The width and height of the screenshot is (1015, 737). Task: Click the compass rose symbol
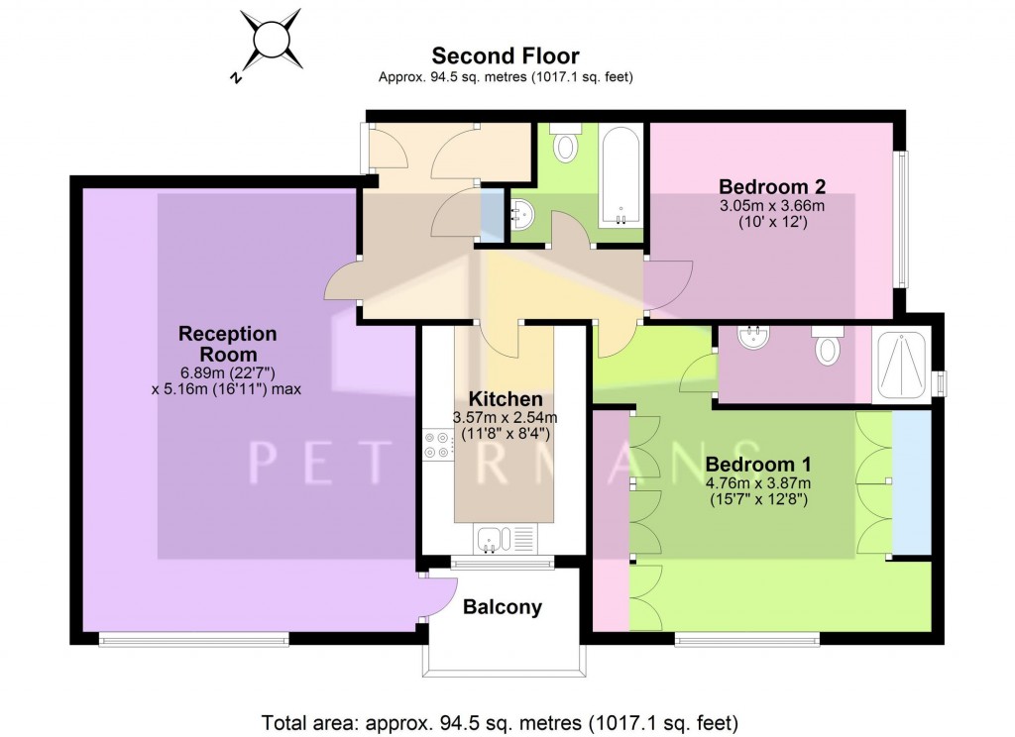[270, 40]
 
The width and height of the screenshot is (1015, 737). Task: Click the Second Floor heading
[505, 55]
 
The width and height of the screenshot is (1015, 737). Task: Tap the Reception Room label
[228, 344]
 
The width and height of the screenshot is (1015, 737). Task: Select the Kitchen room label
[505, 398]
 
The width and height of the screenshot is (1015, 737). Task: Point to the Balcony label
[503, 607]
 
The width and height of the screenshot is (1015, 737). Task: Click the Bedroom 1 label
[758, 464]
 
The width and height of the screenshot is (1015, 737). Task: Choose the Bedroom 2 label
[772, 186]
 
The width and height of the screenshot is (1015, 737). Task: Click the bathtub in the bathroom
[620, 176]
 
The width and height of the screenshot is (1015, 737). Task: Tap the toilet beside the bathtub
[566, 142]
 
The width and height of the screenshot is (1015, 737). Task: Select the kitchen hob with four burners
[438, 445]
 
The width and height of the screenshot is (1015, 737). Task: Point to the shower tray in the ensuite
[901, 365]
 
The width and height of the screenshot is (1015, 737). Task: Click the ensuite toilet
[828, 345]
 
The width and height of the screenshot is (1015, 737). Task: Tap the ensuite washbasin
[753, 337]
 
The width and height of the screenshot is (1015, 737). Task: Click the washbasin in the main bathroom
[521, 214]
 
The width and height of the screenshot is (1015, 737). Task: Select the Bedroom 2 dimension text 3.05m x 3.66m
[772, 206]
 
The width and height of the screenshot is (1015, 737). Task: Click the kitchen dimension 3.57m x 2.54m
[505, 418]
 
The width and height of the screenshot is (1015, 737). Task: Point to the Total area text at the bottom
[500, 722]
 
